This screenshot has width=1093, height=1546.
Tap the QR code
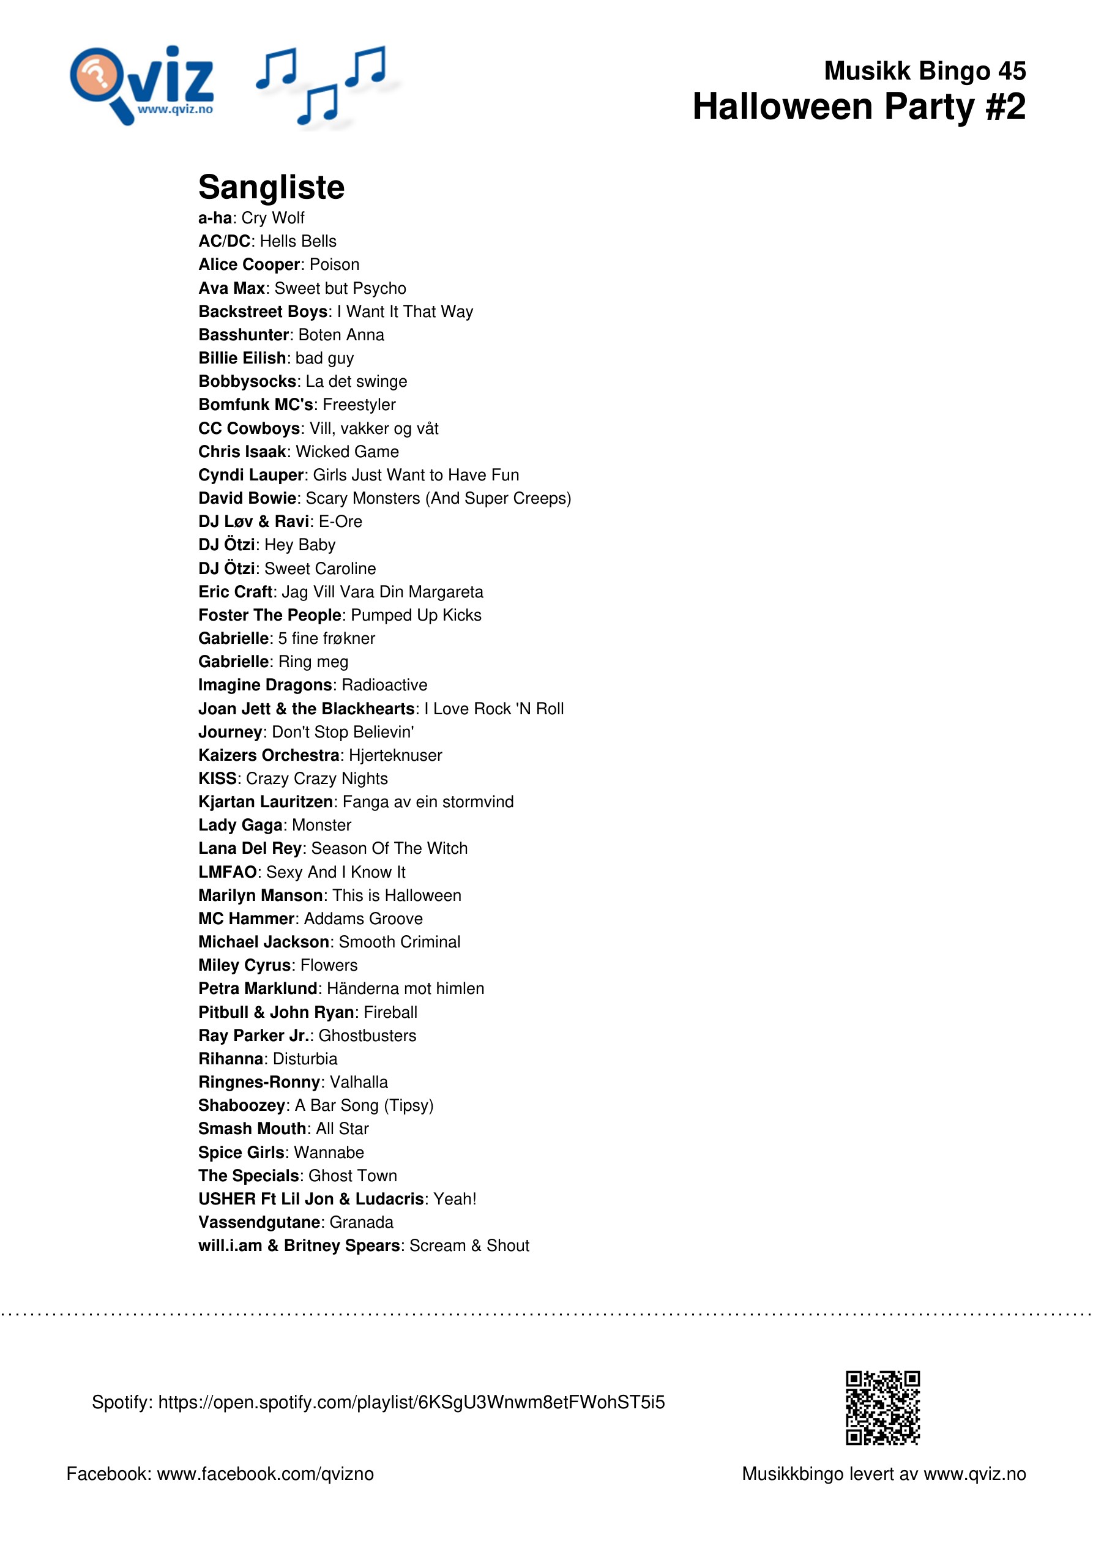click(882, 1407)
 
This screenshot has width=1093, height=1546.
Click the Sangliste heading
click(270, 187)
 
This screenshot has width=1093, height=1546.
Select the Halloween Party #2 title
click(859, 107)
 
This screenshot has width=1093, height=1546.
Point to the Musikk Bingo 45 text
click(925, 71)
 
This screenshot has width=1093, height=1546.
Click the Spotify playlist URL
click(411, 1402)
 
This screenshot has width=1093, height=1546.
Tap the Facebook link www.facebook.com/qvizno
click(266, 1473)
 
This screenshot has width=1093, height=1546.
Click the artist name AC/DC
click(224, 241)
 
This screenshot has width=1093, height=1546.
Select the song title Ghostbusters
click(367, 1035)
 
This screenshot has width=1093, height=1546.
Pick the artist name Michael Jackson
click(263, 941)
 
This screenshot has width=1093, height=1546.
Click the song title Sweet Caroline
click(320, 569)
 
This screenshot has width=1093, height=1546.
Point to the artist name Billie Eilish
click(242, 357)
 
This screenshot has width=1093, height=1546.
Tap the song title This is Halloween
click(397, 895)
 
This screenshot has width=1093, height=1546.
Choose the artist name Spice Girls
click(242, 1152)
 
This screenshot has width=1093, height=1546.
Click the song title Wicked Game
click(347, 451)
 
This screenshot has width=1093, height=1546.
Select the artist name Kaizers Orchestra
click(269, 755)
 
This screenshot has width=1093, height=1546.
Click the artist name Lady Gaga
click(240, 825)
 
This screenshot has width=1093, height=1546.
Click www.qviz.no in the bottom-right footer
click(974, 1473)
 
